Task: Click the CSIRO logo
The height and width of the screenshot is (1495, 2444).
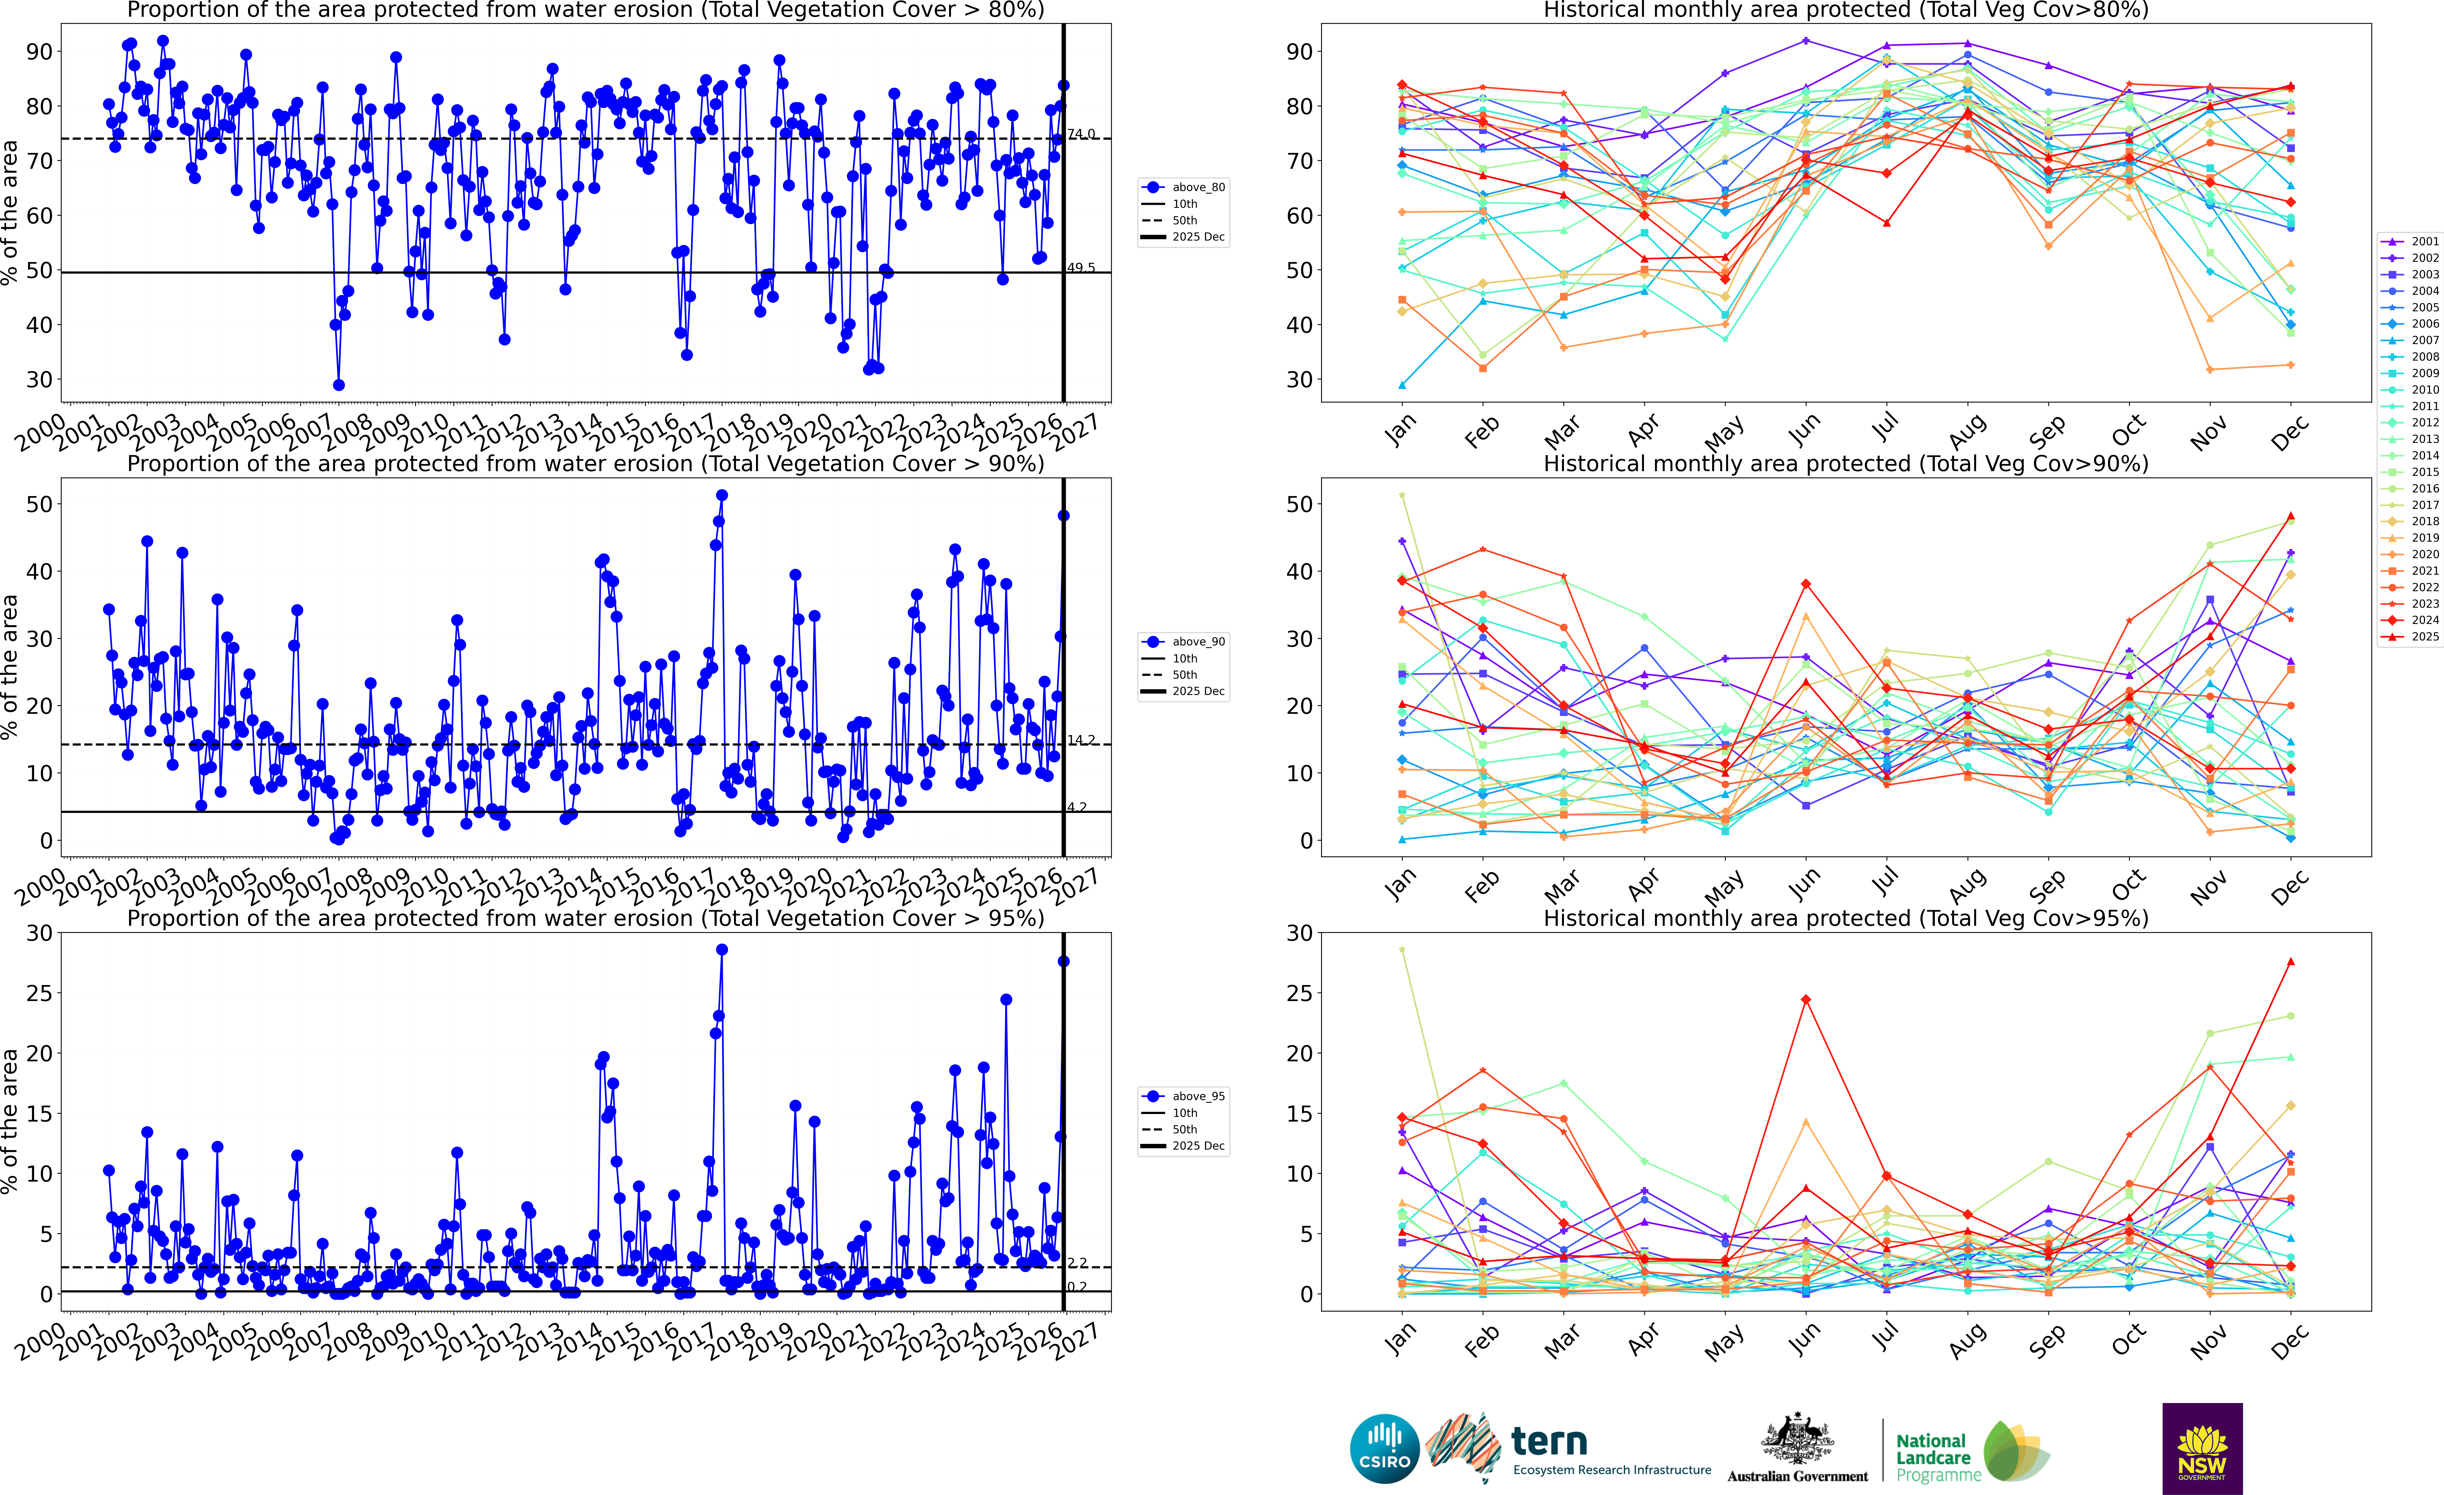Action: pos(1385,1448)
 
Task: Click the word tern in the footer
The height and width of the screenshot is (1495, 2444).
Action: pos(1549,1440)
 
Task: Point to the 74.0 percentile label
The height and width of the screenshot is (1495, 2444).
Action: pos(1081,134)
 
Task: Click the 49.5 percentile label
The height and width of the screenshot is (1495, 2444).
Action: pos(1081,268)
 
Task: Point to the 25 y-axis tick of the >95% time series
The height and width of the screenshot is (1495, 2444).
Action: pos(40,993)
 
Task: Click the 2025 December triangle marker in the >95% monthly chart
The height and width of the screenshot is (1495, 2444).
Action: pos(2290,961)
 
